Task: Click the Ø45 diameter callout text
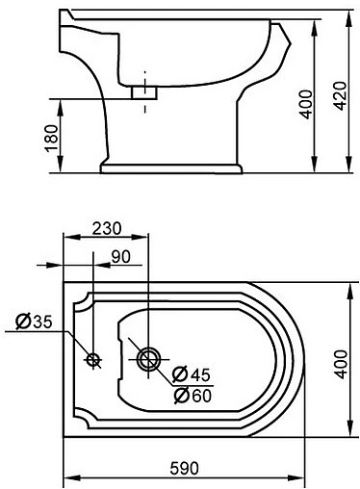191,374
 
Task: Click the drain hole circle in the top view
148,360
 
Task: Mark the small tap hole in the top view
93,360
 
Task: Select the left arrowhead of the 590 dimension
66,477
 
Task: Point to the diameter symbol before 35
21,321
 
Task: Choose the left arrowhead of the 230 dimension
66,238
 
